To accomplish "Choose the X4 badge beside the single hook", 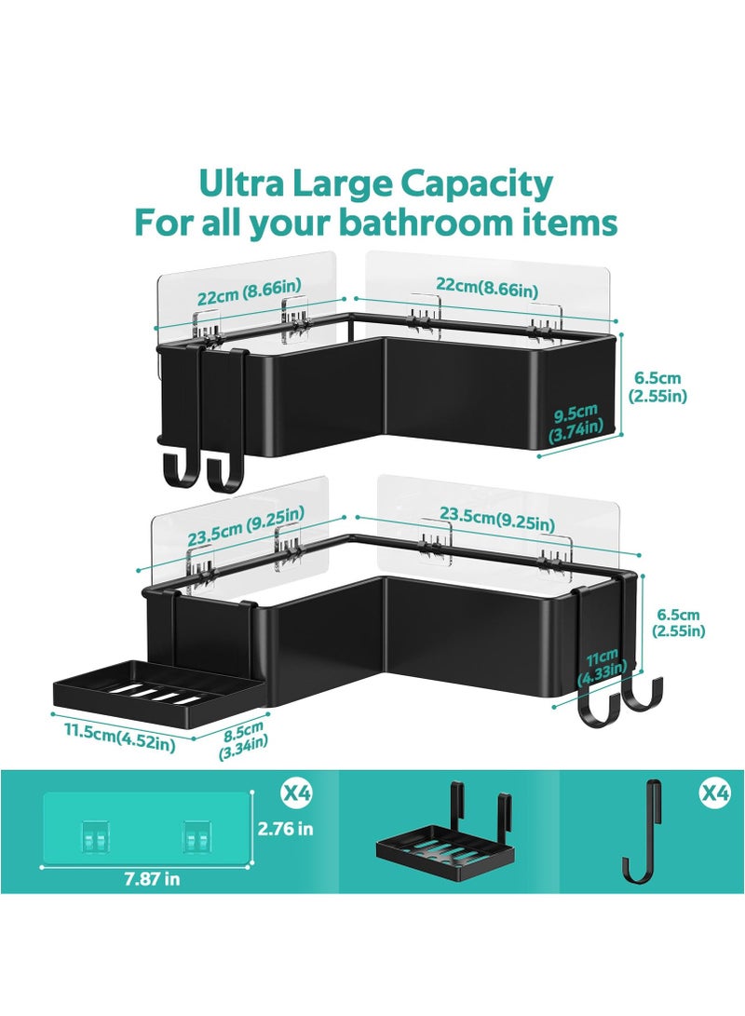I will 715,793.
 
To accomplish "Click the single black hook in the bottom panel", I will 642,831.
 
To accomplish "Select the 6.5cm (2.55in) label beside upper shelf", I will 657,386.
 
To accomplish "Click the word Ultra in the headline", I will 239,185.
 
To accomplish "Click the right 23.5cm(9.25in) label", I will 496,525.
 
